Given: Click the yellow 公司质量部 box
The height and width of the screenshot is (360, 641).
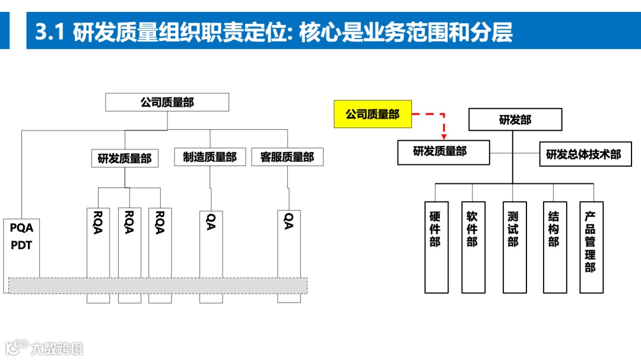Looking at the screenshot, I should pyautogui.click(x=372, y=114).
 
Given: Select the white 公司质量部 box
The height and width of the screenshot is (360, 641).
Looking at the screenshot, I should pyautogui.click(x=167, y=102).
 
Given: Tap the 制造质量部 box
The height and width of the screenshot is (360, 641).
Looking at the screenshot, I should pyautogui.click(x=210, y=157).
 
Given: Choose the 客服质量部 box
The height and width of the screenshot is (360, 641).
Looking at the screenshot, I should pyautogui.click(x=287, y=157).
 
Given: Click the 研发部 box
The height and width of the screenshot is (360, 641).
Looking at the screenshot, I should pyautogui.click(x=515, y=120).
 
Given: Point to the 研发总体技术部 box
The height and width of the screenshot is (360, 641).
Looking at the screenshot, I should pyautogui.click(x=583, y=154).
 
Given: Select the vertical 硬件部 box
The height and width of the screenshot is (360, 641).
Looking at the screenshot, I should pyautogui.click(x=436, y=247).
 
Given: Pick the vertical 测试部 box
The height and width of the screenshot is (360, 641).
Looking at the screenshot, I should pyautogui.click(x=514, y=247).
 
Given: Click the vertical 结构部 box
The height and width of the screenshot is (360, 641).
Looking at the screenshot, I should pyautogui.click(x=554, y=247).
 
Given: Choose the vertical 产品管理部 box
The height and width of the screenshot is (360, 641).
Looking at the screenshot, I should pyautogui.click(x=591, y=247).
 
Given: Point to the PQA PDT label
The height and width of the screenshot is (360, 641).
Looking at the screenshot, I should pyautogui.click(x=22, y=236).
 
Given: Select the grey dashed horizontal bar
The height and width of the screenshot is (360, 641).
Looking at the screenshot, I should pyautogui.click(x=158, y=285).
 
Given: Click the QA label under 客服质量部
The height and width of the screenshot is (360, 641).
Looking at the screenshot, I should pyautogui.click(x=288, y=221).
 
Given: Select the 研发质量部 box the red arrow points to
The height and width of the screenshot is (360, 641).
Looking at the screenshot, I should pyautogui.click(x=443, y=152).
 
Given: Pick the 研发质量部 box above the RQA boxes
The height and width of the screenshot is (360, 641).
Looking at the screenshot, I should pyautogui.click(x=125, y=158).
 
